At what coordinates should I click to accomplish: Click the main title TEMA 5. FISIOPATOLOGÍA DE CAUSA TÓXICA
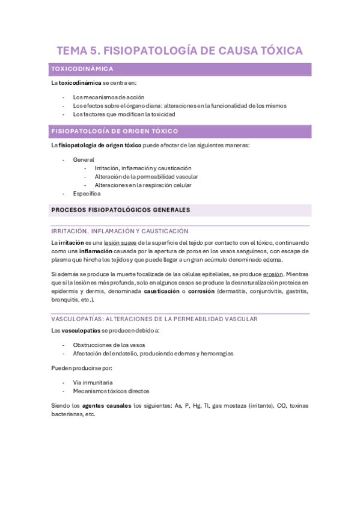pos(180,51)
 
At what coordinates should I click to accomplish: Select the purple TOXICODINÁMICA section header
pos(83,69)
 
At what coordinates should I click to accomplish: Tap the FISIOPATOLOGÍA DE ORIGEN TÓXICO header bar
pos(115,131)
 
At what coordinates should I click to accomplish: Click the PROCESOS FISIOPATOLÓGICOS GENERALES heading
pos(121,210)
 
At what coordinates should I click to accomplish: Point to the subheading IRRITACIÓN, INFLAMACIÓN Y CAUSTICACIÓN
pos(120,231)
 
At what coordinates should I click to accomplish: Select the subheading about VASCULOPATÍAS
pos(154,319)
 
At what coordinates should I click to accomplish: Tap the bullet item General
pos(84,160)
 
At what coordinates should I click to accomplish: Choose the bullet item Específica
pos(87,194)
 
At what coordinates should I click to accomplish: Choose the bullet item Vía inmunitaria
pos(93,382)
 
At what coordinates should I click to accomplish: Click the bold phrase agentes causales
pos(106,405)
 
